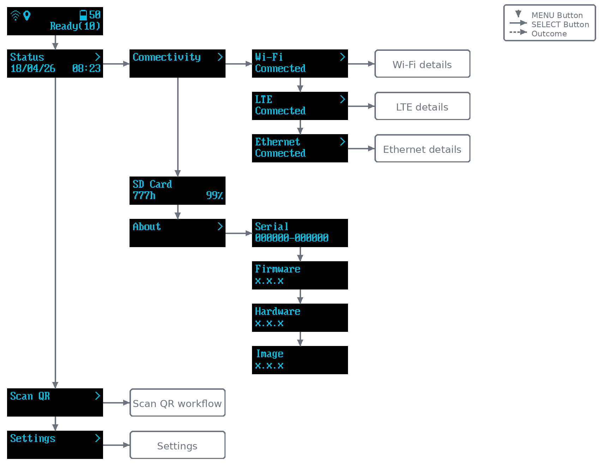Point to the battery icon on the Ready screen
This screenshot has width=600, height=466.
pos(83,15)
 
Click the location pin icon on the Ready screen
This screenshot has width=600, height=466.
pos(27,16)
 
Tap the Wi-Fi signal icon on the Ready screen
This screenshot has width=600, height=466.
pos(16,16)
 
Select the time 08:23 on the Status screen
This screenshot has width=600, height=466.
pos(86,68)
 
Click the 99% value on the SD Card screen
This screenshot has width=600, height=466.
pos(215,195)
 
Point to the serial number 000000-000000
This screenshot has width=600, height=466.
pos(292,238)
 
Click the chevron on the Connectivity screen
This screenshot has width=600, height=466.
pos(220,57)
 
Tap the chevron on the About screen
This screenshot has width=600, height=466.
pos(220,226)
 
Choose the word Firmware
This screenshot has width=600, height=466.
pos(278,269)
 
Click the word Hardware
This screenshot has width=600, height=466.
pos(278,311)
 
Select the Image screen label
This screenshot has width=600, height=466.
pos(270,354)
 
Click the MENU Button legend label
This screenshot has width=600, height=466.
pos(557,15)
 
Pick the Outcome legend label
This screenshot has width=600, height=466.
pos(549,34)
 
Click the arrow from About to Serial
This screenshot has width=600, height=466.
pos(239,233)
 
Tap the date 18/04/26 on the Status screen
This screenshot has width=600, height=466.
pos(33,68)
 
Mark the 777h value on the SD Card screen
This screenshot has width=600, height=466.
pos(144,195)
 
